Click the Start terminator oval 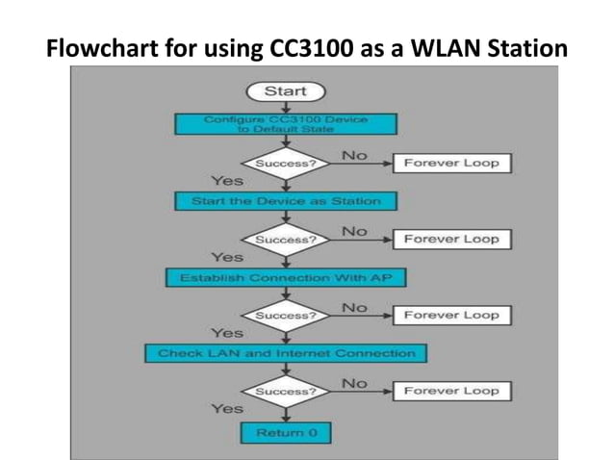[286, 91]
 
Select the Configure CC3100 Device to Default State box [286, 123]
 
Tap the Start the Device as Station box [286, 201]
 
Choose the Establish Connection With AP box [286, 277]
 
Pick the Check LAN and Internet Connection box [286, 353]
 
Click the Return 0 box [286, 433]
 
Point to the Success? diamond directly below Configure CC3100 [286, 163]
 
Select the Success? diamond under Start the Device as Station [286, 239]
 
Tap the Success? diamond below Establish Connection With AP [286, 315]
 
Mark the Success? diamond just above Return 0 [286, 392]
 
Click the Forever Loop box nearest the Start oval [451, 163]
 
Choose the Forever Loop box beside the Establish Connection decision [451, 315]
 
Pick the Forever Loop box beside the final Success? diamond [451, 391]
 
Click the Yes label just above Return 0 [227, 409]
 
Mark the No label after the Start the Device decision [354, 231]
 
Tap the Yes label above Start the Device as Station [227, 180]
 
